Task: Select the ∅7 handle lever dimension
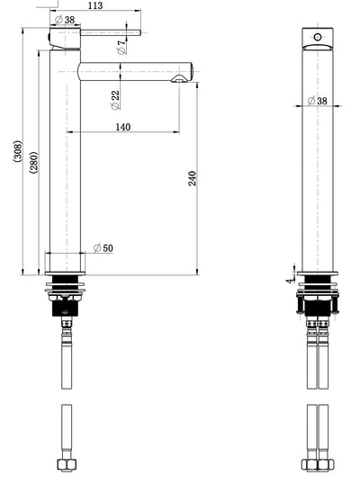[x=121, y=47]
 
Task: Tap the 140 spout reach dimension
[x=123, y=127]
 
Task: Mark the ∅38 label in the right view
[x=317, y=101]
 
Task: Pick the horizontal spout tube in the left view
[x=135, y=69]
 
